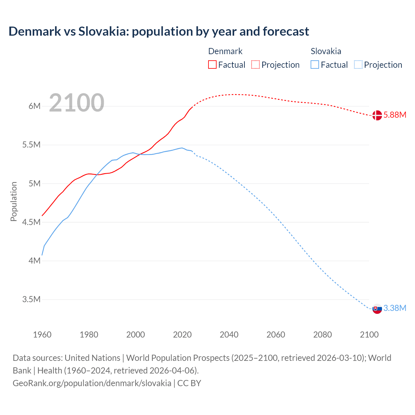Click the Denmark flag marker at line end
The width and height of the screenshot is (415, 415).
pyautogui.click(x=377, y=115)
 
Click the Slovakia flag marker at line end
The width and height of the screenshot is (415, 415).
pyautogui.click(x=377, y=309)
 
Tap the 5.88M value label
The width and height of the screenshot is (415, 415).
pyautogui.click(x=395, y=115)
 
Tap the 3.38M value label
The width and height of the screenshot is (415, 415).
pyautogui.click(x=395, y=308)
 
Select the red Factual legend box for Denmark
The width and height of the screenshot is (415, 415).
pyautogui.click(x=212, y=65)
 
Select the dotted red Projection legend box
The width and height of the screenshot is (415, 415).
pyautogui.click(x=255, y=65)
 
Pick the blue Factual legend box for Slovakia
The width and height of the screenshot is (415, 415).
pyautogui.click(x=315, y=65)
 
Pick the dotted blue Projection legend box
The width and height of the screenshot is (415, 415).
pyautogui.click(x=358, y=65)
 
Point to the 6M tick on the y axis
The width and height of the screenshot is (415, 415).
pyautogui.click(x=34, y=106)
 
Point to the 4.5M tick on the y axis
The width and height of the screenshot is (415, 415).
pyautogui.click(x=31, y=222)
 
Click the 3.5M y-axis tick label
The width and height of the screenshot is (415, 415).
pyautogui.click(x=31, y=299)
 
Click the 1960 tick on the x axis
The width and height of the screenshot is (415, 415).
pyautogui.click(x=42, y=335)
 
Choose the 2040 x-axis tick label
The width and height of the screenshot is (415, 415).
pyautogui.click(x=229, y=335)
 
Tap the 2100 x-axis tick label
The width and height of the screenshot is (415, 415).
pyautogui.click(x=369, y=335)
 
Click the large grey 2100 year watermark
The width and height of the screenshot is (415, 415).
pyautogui.click(x=77, y=103)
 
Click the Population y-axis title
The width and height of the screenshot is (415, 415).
pyautogui.click(x=14, y=201)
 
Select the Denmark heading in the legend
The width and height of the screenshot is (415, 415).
pyautogui.click(x=225, y=51)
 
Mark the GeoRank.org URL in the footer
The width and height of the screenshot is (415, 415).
pyautogui.click(x=92, y=383)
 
